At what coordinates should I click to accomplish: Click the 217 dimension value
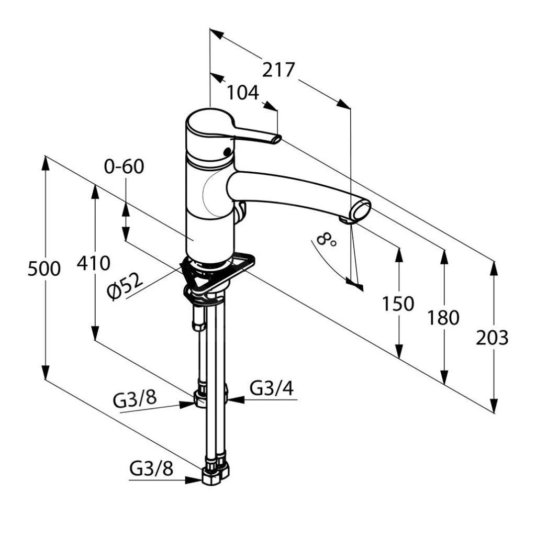click(278, 69)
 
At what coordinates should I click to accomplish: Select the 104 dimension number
click(243, 93)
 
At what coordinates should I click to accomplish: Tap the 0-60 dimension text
click(124, 166)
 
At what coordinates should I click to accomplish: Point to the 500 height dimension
click(44, 269)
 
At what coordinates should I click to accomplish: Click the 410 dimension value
click(93, 263)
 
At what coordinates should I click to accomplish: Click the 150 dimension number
click(398, 304)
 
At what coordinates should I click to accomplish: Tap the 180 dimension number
click(443, 317)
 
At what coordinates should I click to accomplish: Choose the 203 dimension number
click(492, 338)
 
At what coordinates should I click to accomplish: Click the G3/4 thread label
click(271, 388)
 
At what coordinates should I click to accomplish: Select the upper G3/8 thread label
click(135, 399)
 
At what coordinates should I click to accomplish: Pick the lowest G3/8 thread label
click(151, 468)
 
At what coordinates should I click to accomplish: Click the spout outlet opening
click(361, 211)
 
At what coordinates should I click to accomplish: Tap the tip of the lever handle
click(276, 139)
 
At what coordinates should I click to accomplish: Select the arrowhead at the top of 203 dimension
click(494, 267)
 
